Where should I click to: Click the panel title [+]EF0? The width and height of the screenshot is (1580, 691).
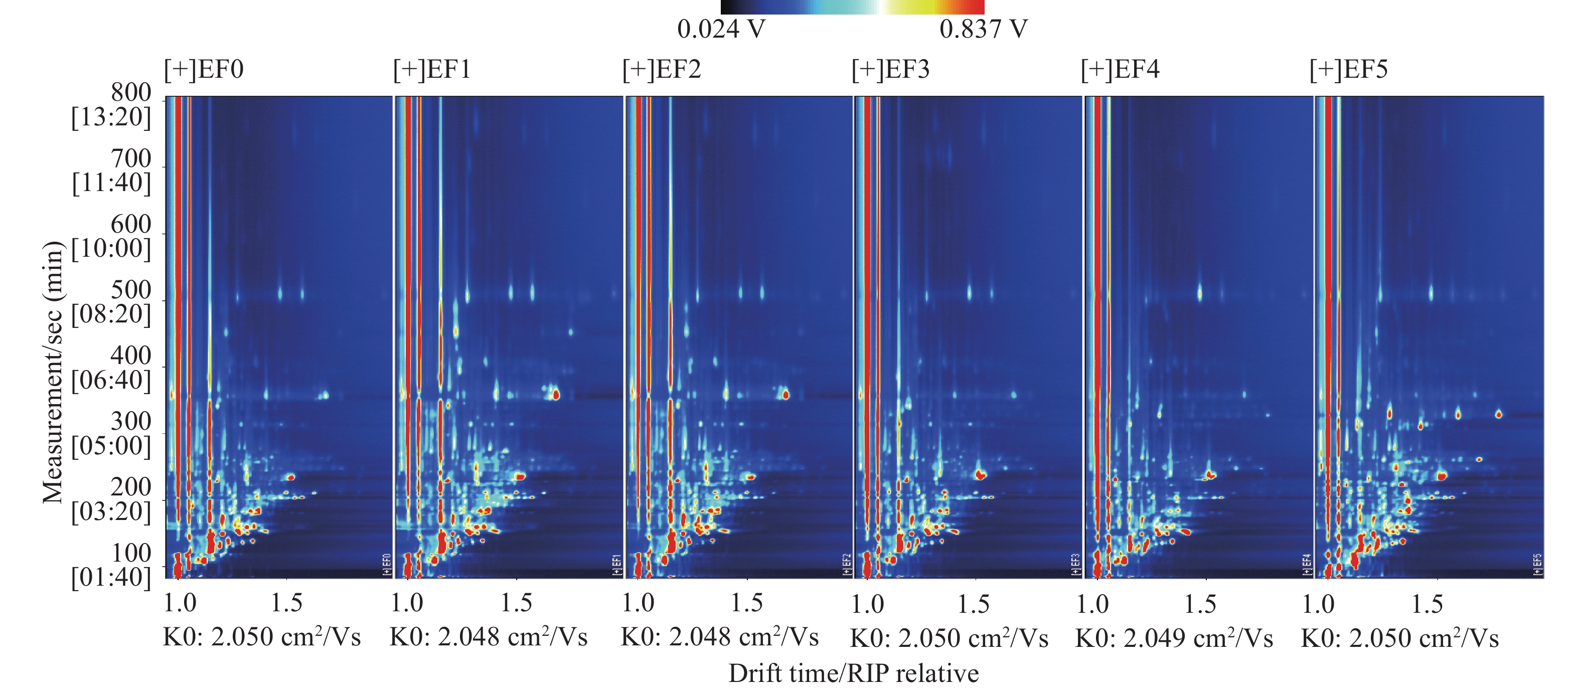coord(204,69)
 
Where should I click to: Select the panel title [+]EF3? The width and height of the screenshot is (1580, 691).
coord(891,69)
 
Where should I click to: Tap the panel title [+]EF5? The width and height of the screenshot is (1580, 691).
coord(1348,69)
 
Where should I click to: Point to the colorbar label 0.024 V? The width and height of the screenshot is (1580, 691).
coord(721,29)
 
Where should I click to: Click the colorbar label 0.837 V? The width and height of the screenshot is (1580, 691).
coord(983,29)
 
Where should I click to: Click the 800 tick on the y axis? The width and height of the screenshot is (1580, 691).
coord(130,93)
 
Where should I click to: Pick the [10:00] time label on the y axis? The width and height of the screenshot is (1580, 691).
coord(111,248)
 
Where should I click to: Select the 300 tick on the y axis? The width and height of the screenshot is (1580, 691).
coord(130,421)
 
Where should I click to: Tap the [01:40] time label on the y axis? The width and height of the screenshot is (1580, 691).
coord(111,577)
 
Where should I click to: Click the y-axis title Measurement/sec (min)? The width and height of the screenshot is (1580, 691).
coord(53,372)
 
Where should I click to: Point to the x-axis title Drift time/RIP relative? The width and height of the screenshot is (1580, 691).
coord(853,673)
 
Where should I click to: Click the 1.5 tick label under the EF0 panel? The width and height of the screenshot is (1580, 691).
coord(286,603)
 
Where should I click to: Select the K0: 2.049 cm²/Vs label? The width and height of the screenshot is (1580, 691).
coord(1174,638)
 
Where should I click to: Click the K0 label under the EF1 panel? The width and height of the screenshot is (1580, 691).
coord(488,637)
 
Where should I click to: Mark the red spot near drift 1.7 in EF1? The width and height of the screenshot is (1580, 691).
coord(556,395)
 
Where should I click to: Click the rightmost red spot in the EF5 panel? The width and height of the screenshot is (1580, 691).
coord(1498,415)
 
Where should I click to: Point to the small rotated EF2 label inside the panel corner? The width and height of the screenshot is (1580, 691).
coord(847,565)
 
